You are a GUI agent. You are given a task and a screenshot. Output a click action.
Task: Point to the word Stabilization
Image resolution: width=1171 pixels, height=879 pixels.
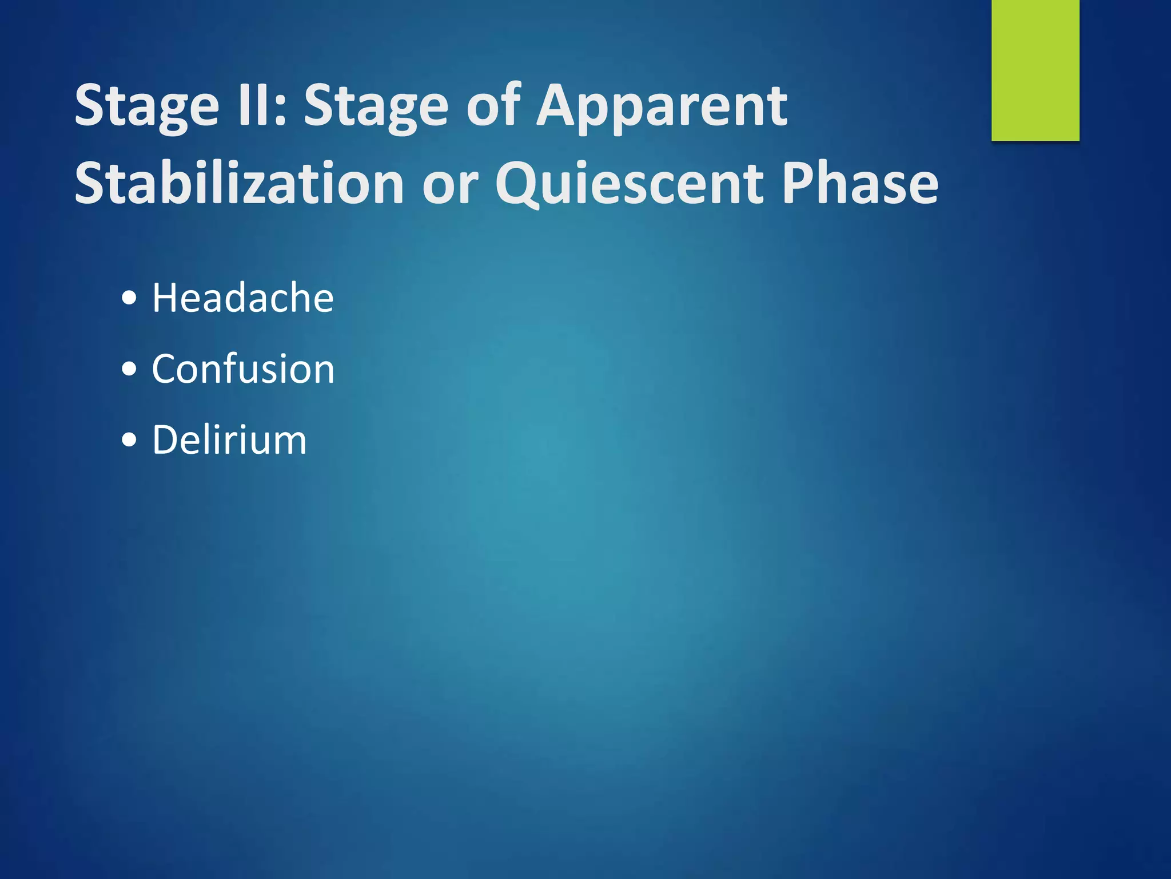pos(240,183)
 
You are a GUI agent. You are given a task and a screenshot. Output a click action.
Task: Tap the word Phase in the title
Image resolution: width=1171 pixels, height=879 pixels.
pos(860,183)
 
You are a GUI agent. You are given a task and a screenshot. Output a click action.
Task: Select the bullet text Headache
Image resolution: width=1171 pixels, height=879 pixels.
pos(242,298)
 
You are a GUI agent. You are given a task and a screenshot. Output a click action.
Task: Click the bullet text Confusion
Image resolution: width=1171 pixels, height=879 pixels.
pos(243,369)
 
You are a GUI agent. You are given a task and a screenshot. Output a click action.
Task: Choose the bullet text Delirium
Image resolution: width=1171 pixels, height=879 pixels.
pos(229,440)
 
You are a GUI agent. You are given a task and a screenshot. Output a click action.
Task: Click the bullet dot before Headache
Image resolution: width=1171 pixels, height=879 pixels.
pos(130,298)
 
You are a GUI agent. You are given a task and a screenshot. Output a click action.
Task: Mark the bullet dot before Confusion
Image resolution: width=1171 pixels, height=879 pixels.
pos(130,369)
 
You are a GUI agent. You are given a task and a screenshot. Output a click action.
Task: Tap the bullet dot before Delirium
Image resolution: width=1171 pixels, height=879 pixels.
pos(130,440)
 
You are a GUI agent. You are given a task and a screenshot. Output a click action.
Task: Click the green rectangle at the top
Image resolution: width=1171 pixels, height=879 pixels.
pos(1035,70)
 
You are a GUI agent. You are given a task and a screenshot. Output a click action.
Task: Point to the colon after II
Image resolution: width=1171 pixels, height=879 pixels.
pos(280,109)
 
